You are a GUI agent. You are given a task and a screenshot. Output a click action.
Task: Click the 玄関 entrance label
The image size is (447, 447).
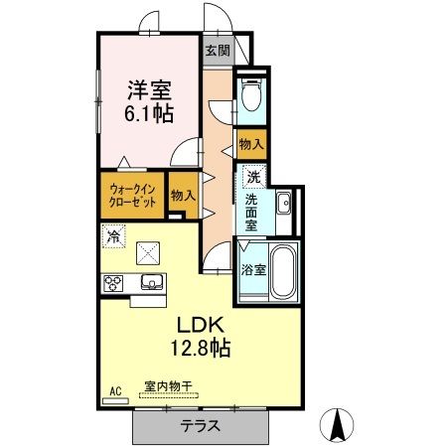pos(217,49)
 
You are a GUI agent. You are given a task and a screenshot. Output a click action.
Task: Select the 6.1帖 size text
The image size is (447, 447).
pos(149,112)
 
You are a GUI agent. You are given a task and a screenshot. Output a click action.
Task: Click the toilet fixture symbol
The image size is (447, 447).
pos(250,97)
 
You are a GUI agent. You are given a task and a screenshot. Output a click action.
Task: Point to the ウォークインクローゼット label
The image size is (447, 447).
pos(132,194)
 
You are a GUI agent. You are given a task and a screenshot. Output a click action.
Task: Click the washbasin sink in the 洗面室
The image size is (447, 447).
pos(283,205)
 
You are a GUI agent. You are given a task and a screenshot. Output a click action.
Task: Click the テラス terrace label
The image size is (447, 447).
pos(201,426)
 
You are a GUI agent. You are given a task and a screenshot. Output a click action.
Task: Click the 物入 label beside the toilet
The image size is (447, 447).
pos(251,144)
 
